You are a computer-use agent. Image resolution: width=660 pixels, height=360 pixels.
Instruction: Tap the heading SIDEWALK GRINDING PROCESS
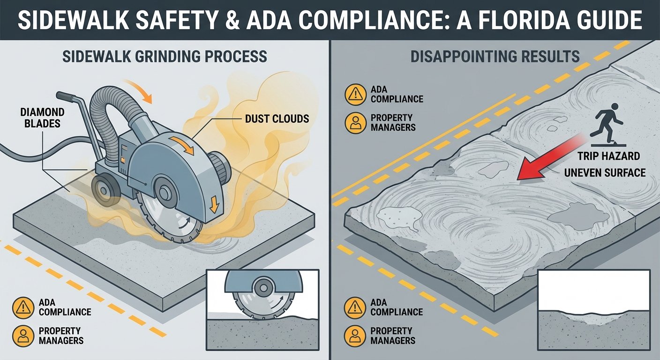coord(165,57)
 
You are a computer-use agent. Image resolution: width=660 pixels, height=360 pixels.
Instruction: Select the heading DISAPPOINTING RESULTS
coord(495,57)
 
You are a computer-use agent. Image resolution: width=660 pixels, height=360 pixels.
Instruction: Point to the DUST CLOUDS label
coord(277,119)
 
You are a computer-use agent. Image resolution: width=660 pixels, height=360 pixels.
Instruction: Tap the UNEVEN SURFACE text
coord(605,172)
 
